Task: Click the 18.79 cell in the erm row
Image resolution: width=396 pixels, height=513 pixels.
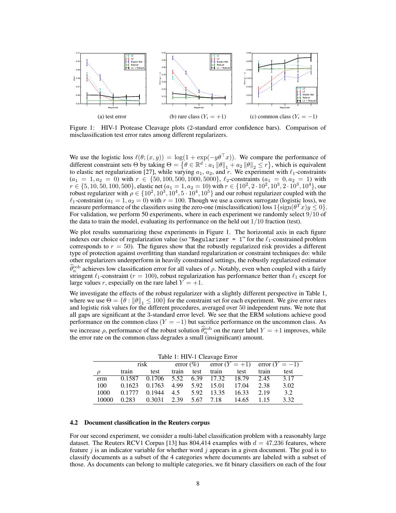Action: click(241, 378)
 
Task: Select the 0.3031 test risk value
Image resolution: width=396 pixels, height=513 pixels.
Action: click(155, 400)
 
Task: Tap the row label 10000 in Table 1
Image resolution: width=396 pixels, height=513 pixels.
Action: click(105, 400)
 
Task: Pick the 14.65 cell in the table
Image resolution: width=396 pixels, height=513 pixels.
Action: click(241, 400)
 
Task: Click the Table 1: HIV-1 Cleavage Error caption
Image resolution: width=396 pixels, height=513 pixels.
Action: click(198, 357)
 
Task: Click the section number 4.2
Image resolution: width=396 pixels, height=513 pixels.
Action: click(74, 423)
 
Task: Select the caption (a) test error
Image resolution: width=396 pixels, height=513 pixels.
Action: click(112, 116)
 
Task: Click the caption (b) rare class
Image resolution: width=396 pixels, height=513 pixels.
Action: click(198, 116)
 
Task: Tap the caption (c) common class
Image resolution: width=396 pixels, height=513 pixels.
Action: click(284, 116)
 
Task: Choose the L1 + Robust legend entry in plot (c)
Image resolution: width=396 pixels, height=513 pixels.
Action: click(308, 101)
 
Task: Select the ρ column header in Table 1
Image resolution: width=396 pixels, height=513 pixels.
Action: click(99, 371)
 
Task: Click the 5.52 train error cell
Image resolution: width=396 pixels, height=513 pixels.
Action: click(177, 378)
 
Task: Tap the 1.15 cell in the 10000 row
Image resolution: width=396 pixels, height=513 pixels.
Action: click(264, 400)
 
